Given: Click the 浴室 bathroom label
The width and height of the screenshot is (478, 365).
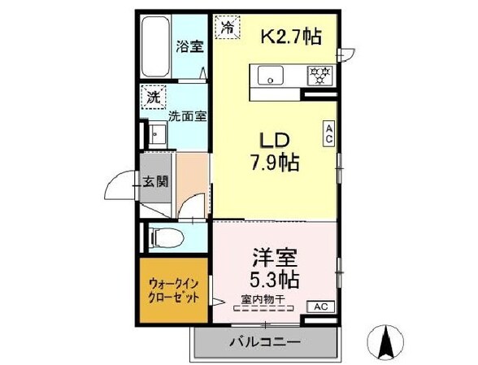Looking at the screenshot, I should [x=189, y=46].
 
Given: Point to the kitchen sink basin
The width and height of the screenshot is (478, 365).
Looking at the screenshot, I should [x=269, y=76].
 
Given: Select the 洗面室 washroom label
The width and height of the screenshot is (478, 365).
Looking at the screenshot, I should [x=187, y=115].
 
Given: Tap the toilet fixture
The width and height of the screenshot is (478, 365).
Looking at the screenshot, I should [x=167, y=238].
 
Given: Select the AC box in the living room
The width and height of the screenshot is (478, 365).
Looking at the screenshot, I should [x=330, y=133].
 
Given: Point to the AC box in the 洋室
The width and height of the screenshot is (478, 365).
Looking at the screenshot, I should [x=320, y=306].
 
